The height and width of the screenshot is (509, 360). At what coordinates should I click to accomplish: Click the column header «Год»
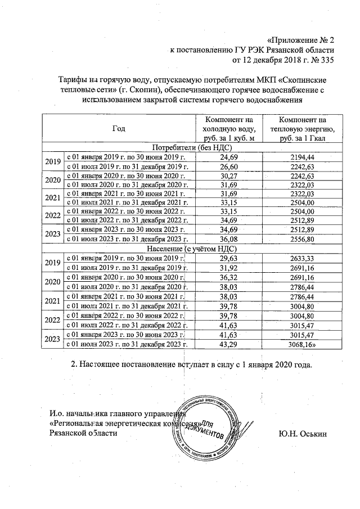coord(118,129)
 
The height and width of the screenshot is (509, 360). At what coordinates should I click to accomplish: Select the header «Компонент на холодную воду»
coord(229,129)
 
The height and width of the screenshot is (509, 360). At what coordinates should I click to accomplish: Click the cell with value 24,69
coord(229,156)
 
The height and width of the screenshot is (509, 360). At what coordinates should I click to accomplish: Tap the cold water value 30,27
coord(229,175)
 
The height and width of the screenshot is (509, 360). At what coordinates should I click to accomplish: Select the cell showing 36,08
coord(229,238)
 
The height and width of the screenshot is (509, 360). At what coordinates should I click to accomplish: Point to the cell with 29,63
coord(229,257)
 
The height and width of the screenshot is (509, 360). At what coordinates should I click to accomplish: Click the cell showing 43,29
coord(229,344)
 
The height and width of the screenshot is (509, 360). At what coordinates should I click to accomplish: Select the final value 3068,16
coord(304,344)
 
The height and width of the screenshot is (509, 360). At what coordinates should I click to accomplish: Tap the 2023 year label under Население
coord(52,339)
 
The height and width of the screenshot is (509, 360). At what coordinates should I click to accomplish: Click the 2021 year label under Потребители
coord(52,198)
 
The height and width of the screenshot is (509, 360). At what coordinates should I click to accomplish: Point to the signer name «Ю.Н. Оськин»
coord(303,435)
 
